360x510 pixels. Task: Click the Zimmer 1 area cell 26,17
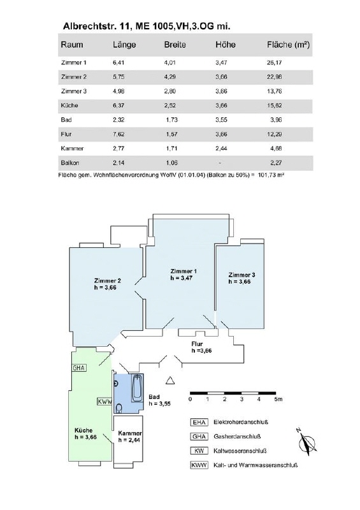click(x=274, y=62)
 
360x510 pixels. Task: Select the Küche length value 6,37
click(x=119, y=105)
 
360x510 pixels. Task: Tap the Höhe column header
click(x=226, y=45)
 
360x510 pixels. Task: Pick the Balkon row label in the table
click(x=70, y=163)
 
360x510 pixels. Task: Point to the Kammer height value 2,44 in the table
click(x=221, y=149)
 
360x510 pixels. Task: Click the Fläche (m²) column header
click(x=288, y=45)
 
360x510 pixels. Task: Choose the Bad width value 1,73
click(x=171, y=120)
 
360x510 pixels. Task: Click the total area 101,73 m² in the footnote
click(x=271, y=175)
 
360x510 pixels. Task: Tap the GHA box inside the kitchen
click(x=79, y=368)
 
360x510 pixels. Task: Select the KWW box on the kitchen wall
click(x=104, y=402)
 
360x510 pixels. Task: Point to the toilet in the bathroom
click(x=119, y=408)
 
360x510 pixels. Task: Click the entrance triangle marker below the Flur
click(x=170, y=380)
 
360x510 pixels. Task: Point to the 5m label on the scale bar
click(x=278, y=399)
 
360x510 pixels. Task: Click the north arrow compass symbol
click(x=306, y=442)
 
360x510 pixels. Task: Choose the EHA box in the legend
click(x=199, y=422)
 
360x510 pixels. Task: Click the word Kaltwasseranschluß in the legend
click(x=240, y=451)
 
